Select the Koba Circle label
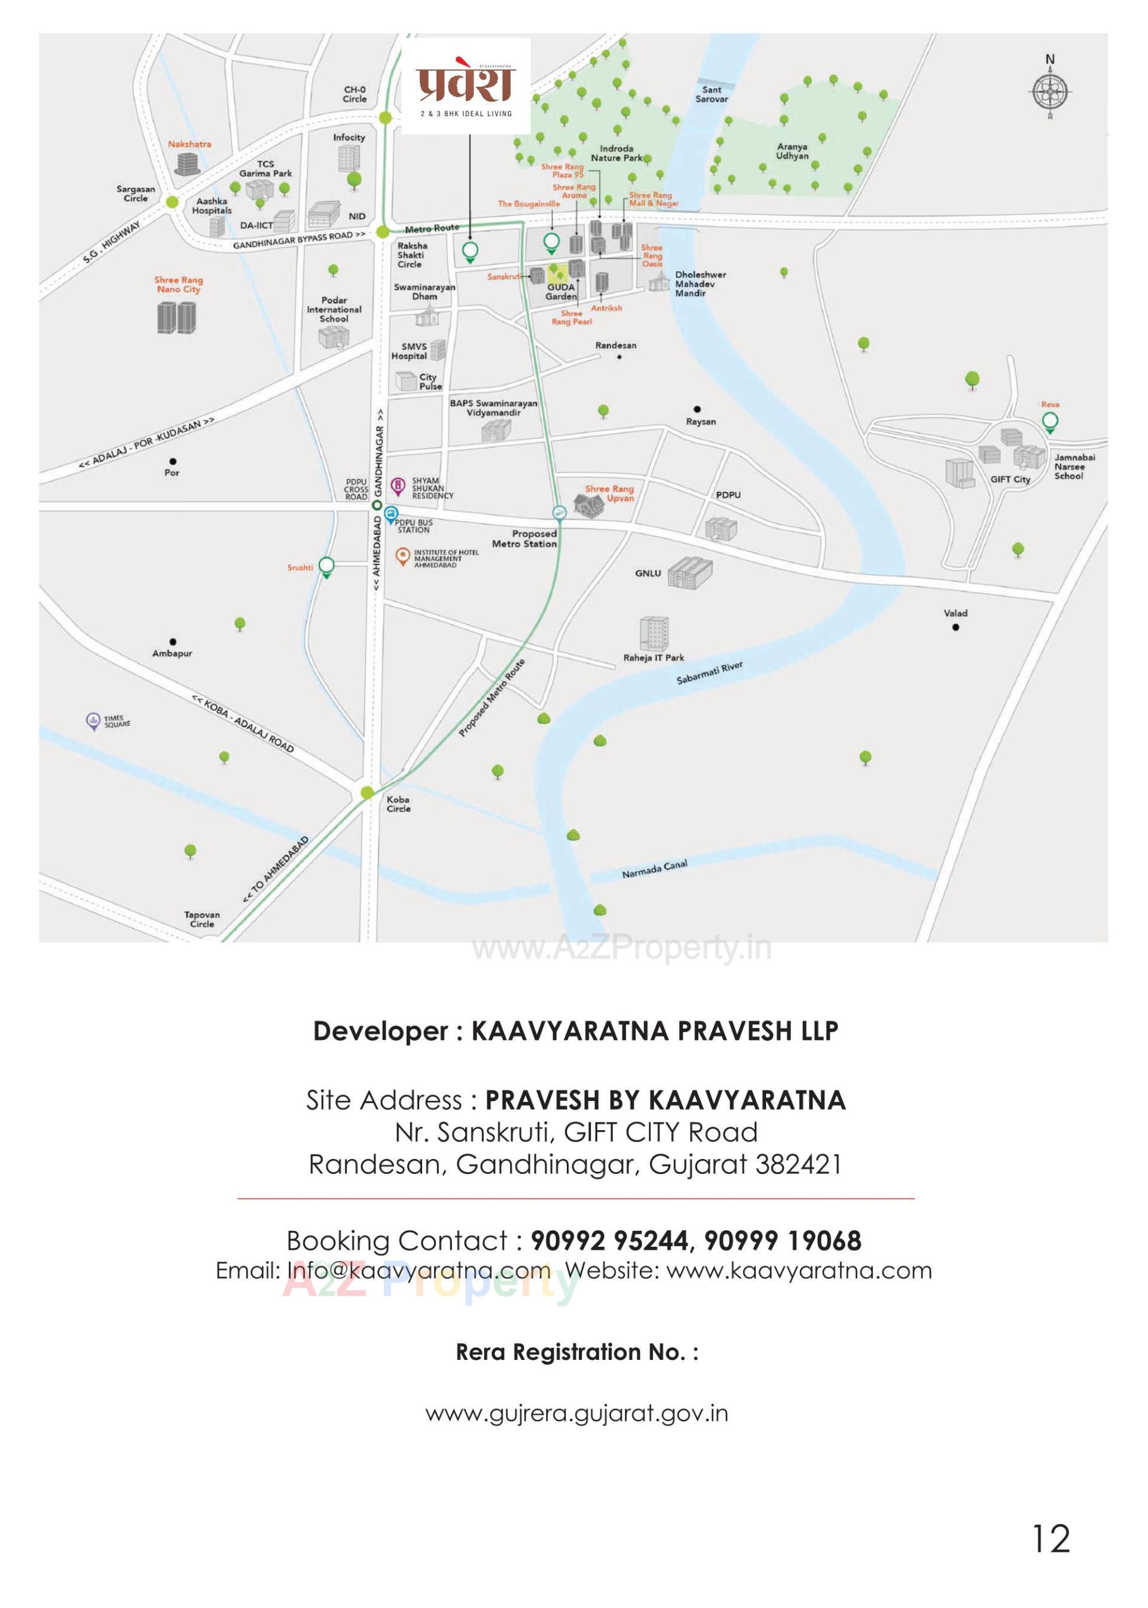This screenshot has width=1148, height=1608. click(398, 804)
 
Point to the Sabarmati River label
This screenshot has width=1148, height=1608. click(709, 673)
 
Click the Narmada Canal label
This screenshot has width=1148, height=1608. click(654, 869)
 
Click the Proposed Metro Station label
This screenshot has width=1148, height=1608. click(524, 539)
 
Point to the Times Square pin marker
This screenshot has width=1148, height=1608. click(93, 721)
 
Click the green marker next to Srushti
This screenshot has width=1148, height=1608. click(326, 566)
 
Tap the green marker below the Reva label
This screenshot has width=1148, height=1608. click(1051, 423)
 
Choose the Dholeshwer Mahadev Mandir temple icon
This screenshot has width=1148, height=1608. click(658, 280)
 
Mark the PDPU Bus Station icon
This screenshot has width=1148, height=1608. click(391, 514)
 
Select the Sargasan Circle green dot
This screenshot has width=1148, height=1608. click(171, 202)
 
